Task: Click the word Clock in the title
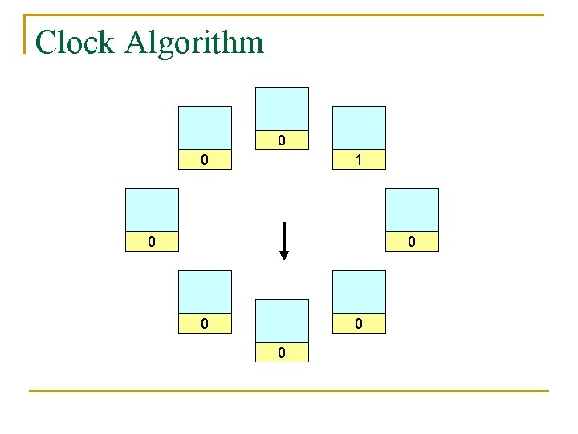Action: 75,43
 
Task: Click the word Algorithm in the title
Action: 194,43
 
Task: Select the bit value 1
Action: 359,160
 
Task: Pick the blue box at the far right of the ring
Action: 413,210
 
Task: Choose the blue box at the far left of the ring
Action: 152,210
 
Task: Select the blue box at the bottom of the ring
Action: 281,321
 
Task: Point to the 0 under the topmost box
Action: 281,141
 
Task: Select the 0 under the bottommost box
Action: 281,353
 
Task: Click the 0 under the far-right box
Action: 411,241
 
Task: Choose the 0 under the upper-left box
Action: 205,160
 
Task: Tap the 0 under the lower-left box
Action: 205,324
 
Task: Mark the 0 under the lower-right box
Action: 359,324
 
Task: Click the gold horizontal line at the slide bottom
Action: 289,391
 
